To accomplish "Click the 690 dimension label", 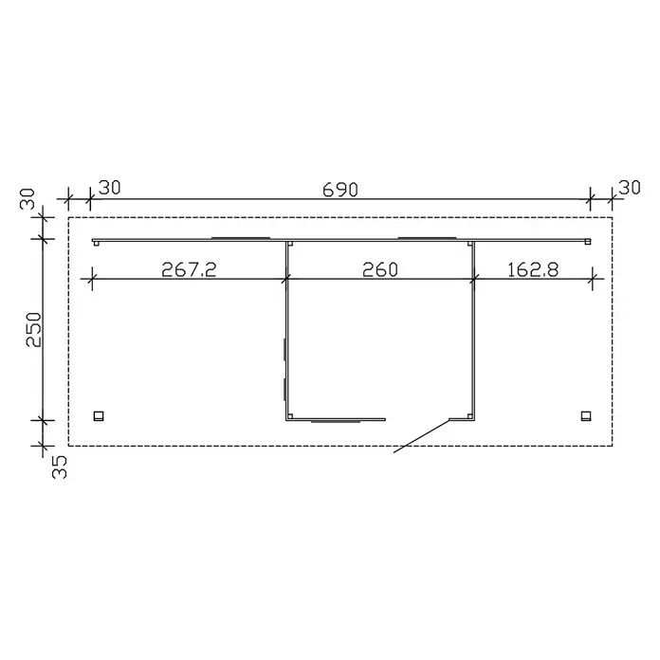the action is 340,190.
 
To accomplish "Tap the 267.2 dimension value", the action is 189,270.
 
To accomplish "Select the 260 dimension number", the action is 379,270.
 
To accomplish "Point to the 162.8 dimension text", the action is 533,270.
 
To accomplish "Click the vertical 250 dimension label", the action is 34,329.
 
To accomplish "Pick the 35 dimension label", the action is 60,467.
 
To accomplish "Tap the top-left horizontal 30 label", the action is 109,188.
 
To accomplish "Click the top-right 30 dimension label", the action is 630,188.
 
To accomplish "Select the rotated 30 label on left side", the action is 27,199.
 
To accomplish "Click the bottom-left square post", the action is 99,416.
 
